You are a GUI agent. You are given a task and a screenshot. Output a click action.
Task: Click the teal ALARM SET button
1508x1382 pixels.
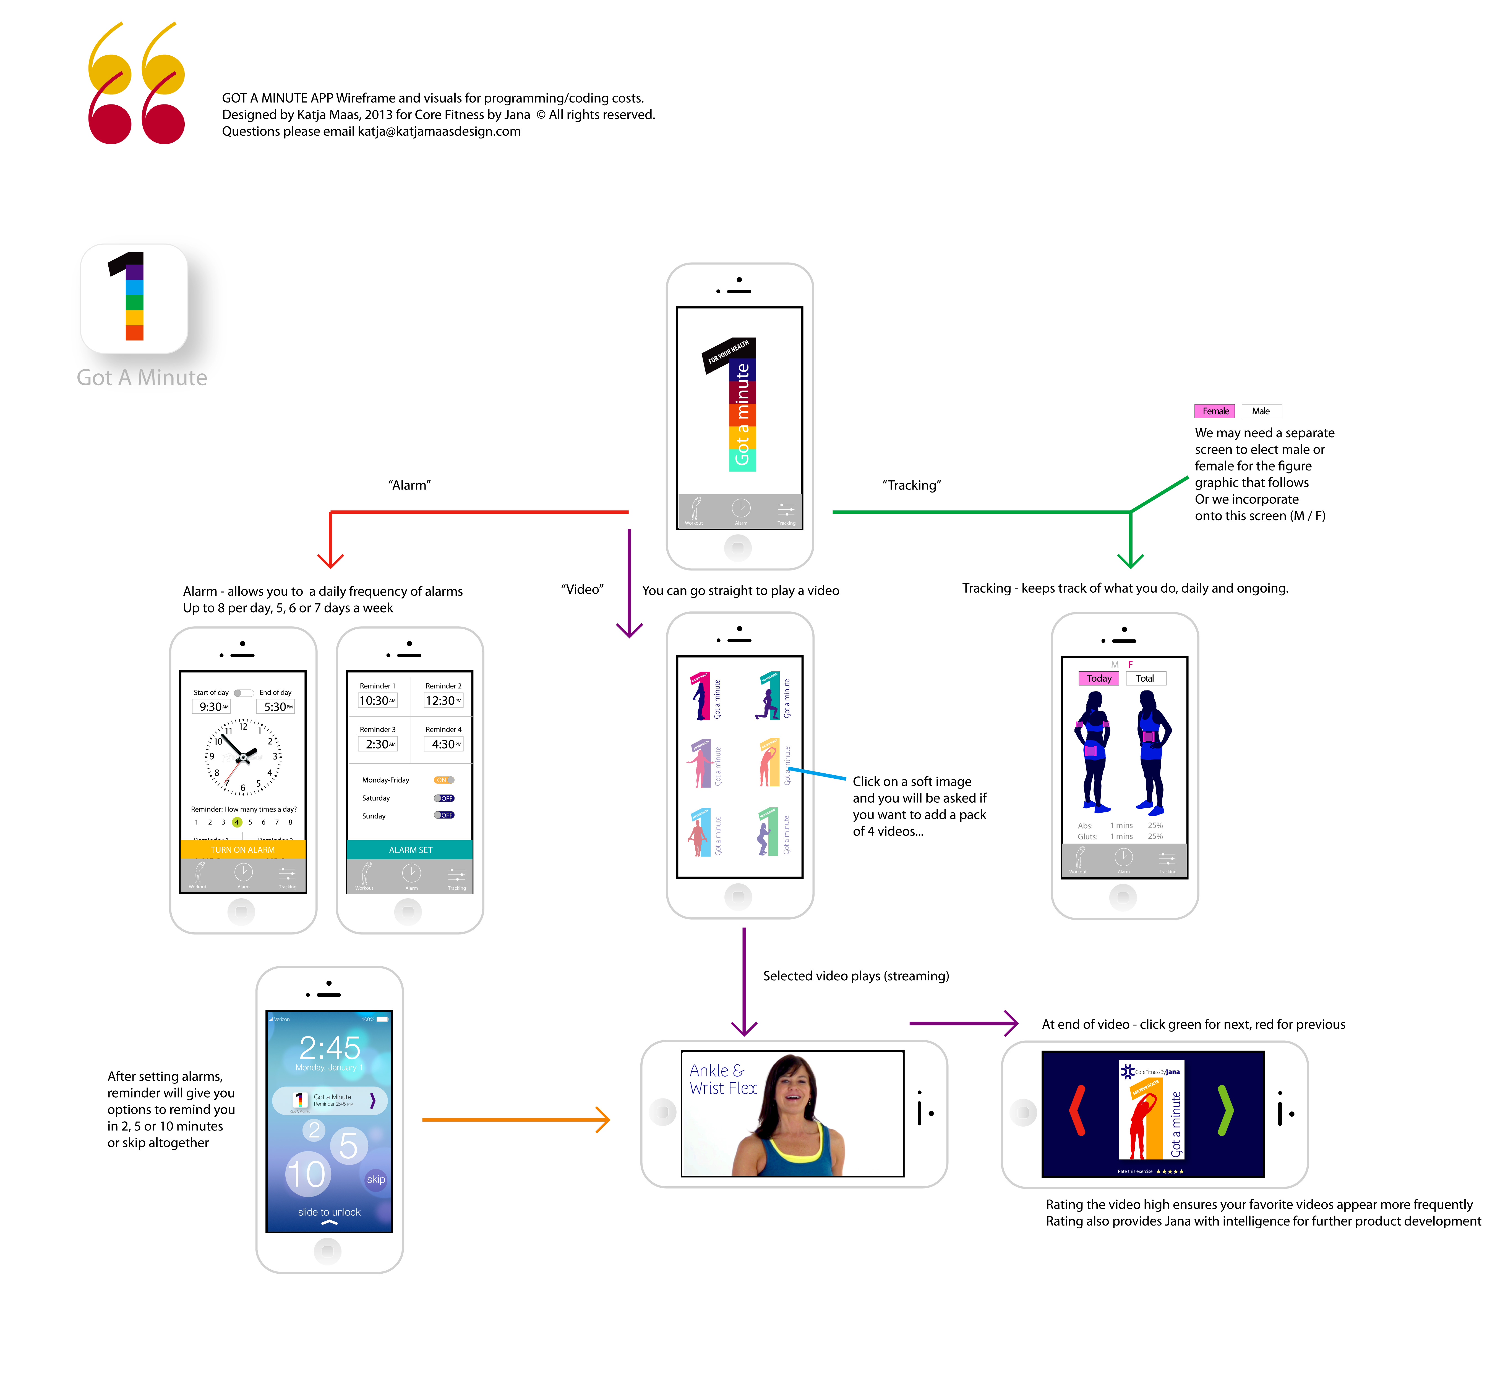point(410,850)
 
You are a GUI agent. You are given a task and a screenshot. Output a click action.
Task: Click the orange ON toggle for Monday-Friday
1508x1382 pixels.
point(443,780)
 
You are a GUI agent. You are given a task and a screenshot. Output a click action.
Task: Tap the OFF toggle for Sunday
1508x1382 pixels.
point(443,815)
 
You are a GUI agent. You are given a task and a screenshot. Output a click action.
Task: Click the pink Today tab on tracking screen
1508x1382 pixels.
point(1099,678)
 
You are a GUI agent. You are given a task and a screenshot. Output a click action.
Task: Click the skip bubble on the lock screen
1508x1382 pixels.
point(375,1179)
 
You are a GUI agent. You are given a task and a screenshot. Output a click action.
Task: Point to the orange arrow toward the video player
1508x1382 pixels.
point(516,1119)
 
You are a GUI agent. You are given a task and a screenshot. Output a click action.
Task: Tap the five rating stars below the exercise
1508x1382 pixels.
point(1170,1171)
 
